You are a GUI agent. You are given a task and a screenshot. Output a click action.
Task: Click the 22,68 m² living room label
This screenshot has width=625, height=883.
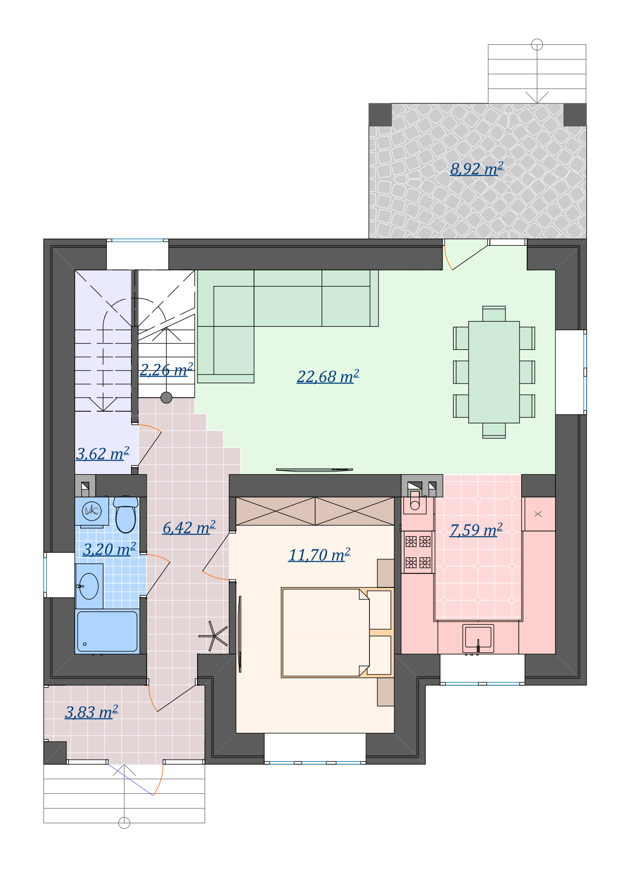328,377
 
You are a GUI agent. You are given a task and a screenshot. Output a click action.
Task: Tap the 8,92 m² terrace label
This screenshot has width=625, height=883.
477,169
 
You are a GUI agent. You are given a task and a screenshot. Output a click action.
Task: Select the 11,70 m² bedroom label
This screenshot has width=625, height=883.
320,555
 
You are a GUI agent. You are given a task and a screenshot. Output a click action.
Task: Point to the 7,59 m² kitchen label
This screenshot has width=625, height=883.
476,530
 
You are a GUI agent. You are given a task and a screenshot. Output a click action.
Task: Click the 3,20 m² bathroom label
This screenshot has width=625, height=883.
109,549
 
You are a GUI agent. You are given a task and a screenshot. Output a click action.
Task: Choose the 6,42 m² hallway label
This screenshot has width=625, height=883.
189,528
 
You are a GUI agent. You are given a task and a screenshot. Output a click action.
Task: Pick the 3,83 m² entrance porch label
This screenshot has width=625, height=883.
92,712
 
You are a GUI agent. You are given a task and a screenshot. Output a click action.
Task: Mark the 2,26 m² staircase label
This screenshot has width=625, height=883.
166,370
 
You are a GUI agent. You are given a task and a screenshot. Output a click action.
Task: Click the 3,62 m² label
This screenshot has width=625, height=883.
103,454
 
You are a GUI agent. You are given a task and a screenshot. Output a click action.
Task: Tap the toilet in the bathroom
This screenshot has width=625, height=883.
126,514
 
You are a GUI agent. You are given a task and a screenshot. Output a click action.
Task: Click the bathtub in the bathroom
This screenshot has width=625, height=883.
107,632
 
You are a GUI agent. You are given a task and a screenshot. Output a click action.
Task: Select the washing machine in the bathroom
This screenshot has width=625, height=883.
92,511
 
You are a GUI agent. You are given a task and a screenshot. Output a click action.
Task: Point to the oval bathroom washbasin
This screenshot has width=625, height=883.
89,586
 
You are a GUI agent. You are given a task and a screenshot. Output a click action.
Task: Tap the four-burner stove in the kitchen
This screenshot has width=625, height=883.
418,552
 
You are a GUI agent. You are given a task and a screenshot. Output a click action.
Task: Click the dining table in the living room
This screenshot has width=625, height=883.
494,372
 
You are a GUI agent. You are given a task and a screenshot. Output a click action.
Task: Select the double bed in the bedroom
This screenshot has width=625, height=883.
337,632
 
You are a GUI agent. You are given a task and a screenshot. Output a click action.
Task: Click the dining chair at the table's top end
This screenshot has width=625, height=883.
494,314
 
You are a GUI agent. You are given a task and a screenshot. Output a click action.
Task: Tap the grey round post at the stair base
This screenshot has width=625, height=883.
166,398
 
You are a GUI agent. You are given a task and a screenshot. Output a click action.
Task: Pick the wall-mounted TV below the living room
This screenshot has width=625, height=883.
315,470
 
